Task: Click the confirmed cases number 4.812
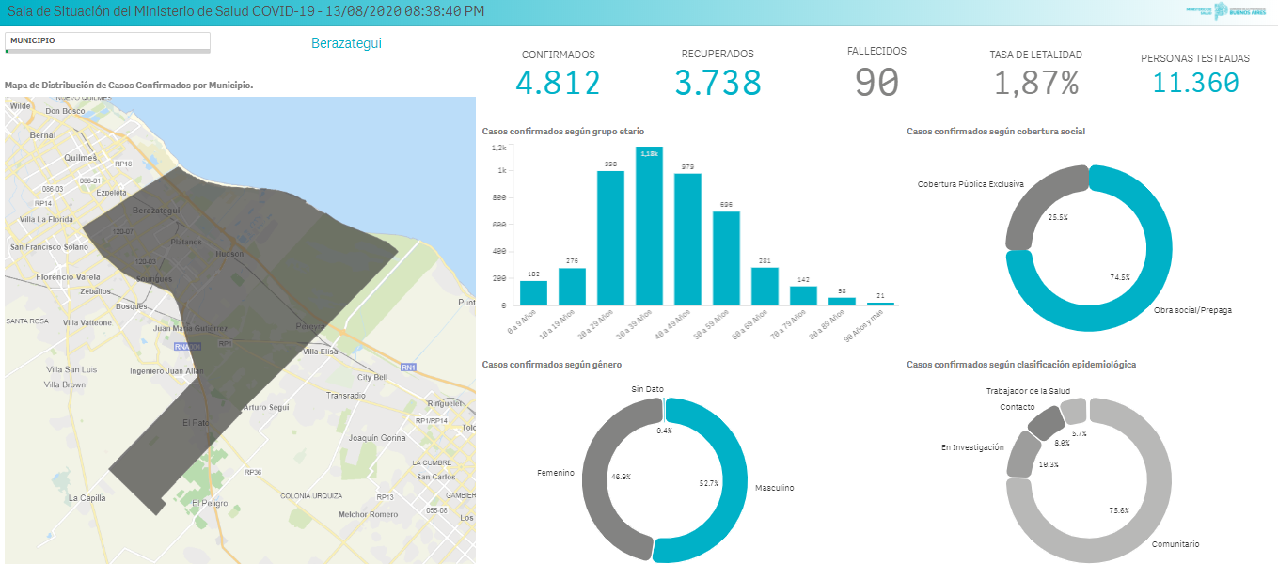[x=558, y=84]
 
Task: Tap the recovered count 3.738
[x=718, y=84]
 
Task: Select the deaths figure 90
[x=876, y=83]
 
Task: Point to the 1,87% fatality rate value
[x=1036, y=84]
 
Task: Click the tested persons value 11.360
[x=1195, y=84]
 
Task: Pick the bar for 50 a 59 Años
[x=726, y=258]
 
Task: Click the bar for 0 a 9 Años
[x=533, y=293]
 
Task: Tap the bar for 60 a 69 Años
[x=765, y=287]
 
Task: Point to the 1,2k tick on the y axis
[x=498, y=149]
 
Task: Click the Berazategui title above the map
[x=346, y=43]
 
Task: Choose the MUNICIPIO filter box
[x=107, y=41]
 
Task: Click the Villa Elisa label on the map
[x=322, y=352]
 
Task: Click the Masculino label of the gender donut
[x=775, y=488]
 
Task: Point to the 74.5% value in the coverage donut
[x=1119, y=277]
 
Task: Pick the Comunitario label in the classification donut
[x=1175, y=544]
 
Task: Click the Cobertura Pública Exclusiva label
[x=970, y=184]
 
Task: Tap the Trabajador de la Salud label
[x=1028, y=391]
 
